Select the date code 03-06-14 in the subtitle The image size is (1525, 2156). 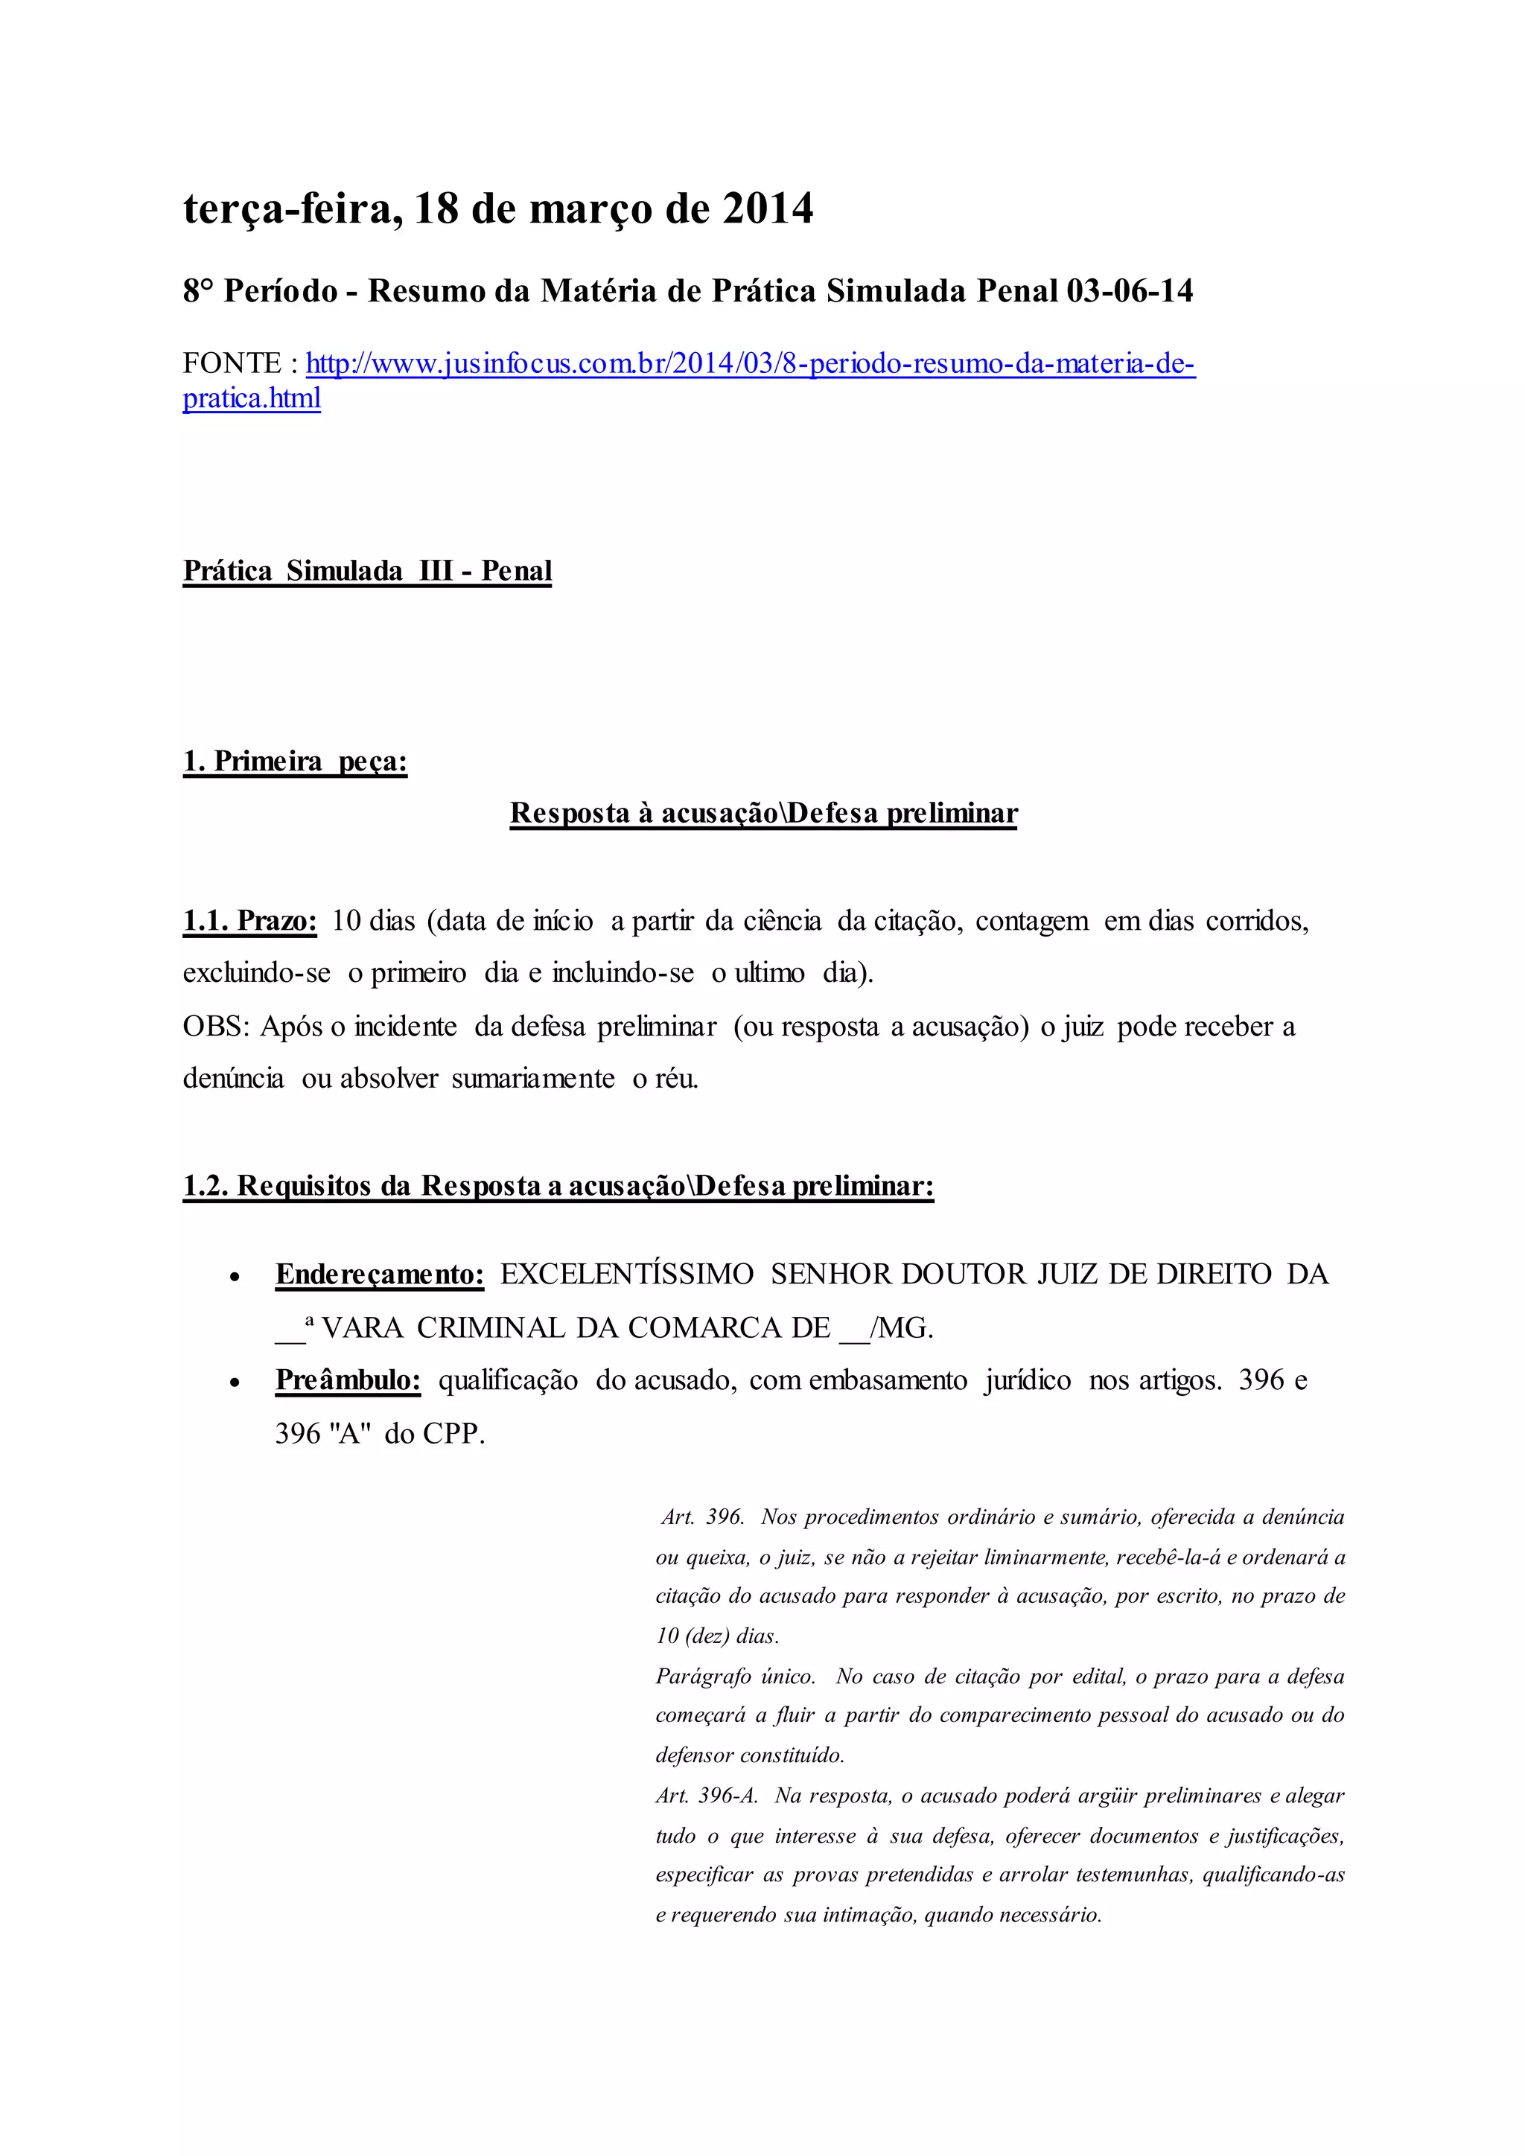1129,291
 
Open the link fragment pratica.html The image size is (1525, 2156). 252,398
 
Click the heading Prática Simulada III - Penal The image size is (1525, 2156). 367,571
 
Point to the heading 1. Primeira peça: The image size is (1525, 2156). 295,761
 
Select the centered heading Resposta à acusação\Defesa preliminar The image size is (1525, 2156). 762,813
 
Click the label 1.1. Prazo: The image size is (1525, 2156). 249,921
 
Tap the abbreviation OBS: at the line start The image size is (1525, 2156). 216,1027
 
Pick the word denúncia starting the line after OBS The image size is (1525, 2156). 233,1078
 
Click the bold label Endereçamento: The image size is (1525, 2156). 379,1275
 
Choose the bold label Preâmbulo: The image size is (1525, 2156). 348,1380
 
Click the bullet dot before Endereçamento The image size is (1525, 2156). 237,1277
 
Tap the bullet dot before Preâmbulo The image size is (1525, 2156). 237,1383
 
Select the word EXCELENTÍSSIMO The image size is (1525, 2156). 626,1275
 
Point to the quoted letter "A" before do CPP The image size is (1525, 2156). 353,1435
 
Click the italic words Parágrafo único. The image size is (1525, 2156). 735,1676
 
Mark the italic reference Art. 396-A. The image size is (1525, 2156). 706,1796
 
